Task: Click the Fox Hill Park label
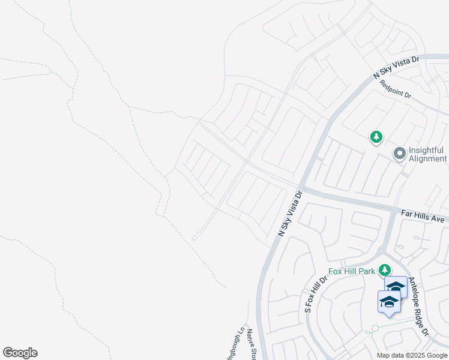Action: coord(352,271)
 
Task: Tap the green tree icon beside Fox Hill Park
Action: coord(384,271)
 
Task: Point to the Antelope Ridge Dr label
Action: coord(419,306)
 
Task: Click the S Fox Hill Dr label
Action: coord(316,293)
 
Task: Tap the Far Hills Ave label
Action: coord(424,216)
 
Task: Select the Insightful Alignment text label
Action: coord(427,154)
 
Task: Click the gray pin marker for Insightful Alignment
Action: coord(399,154)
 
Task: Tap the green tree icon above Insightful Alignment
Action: coord(376,137)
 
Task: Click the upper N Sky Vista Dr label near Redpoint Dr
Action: coord(394,66)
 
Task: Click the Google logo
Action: coord(20,353)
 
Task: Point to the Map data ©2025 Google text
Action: coord(412,355)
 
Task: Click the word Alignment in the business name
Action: coord(428,159)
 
